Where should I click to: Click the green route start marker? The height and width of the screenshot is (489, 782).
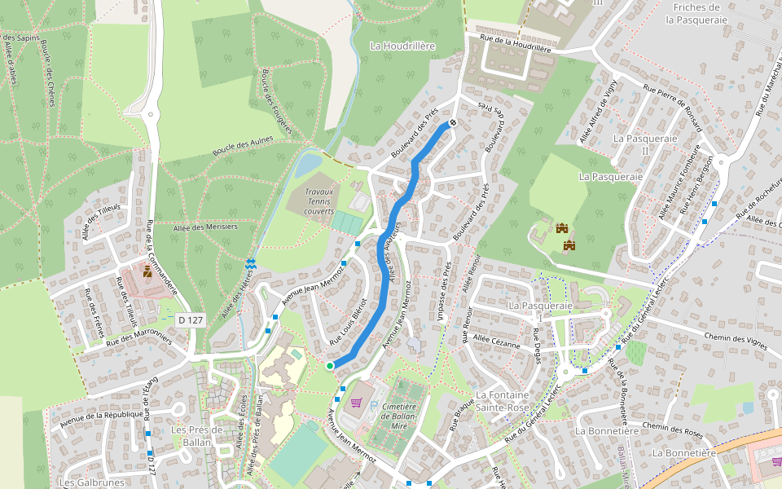(x=330, y=367)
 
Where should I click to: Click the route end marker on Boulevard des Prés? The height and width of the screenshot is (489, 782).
(x=453, y=124)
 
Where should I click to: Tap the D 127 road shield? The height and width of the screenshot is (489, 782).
(x=190, y=320)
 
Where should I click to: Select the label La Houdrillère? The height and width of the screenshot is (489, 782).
(x=402, y=46)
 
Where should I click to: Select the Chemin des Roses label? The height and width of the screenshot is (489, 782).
(x=672, y=430)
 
